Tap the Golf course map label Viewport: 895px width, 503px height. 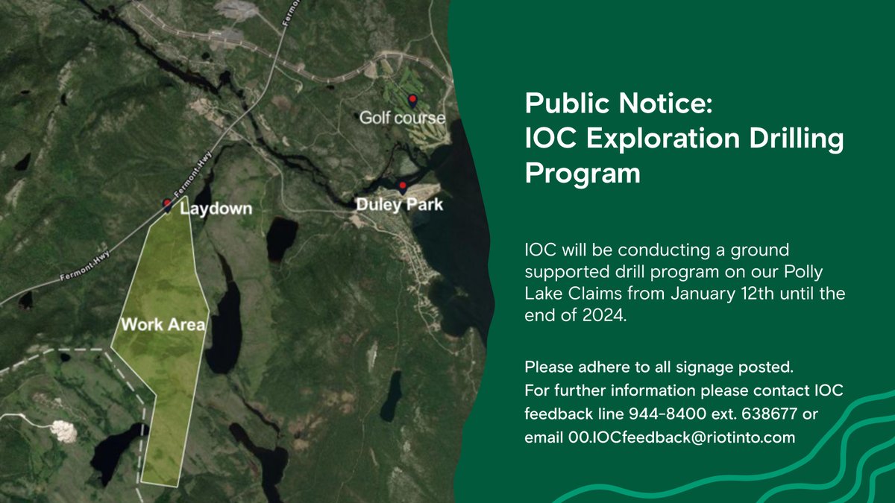click(x=402, y=118)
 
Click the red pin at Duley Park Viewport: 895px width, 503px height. click(x=403, y=186)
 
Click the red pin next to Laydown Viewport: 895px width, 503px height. click(x=167, y=204)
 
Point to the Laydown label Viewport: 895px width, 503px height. click(x=216, y=209)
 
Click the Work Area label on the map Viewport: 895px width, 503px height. click(x=163, y=325)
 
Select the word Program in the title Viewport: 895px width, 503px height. click(x=582, y=174)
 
